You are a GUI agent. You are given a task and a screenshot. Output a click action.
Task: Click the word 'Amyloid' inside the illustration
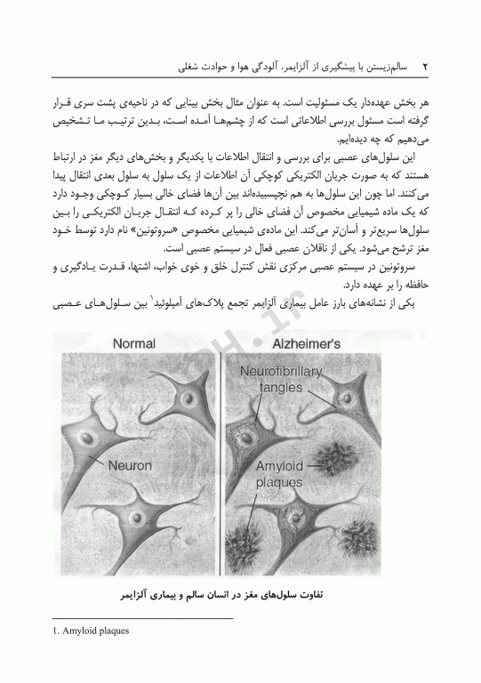point(279,467)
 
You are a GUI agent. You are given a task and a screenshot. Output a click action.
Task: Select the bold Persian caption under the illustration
point(241,591)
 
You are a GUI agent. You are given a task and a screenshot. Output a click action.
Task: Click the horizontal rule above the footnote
point(143,616)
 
